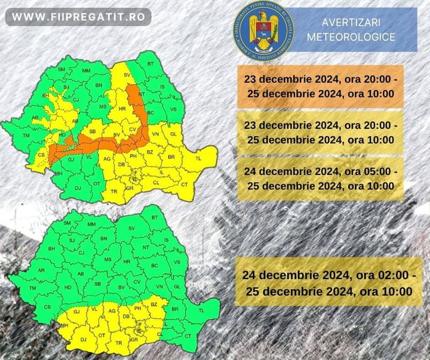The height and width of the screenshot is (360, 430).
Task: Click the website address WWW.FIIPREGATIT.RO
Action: [x=78, y=17]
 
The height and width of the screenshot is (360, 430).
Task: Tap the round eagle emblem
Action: [x=264, y=30]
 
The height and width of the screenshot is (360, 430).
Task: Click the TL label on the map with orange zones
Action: [x=198, y=159]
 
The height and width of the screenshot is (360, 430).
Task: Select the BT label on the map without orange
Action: [x=155, y=217]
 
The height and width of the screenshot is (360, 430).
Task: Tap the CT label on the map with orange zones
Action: [x=185, y=185]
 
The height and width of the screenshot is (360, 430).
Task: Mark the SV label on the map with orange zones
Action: [x=127, y=75]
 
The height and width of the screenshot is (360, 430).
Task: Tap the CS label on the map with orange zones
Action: [x=42, y=155]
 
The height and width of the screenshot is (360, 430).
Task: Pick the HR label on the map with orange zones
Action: [x=122, y=109]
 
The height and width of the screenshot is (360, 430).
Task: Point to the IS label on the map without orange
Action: [x=165, y=240]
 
